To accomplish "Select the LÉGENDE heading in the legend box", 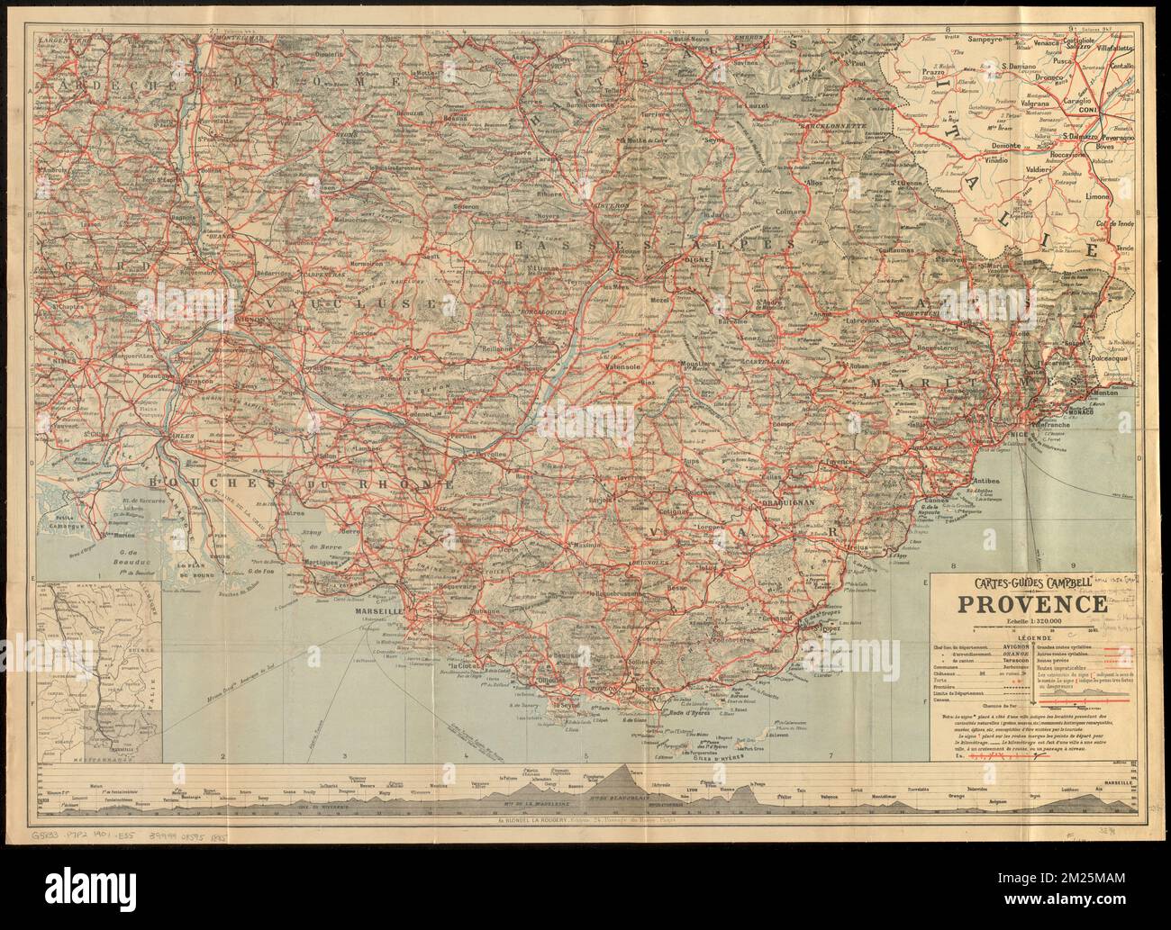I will [1025, 637].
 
